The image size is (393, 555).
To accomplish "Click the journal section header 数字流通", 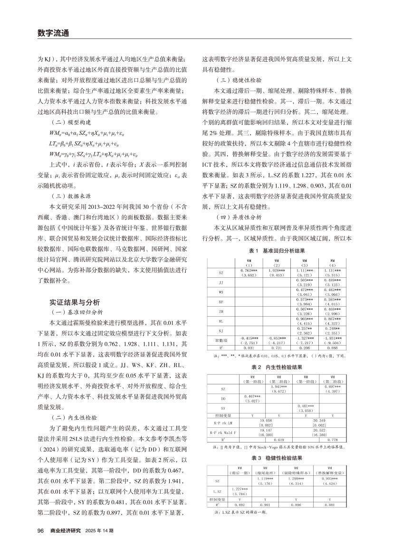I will point(53,33).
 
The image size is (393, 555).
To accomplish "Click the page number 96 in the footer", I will point(40,530).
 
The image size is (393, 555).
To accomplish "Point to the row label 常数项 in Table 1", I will point(221,340).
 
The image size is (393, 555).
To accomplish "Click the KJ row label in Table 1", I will point(221,329).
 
